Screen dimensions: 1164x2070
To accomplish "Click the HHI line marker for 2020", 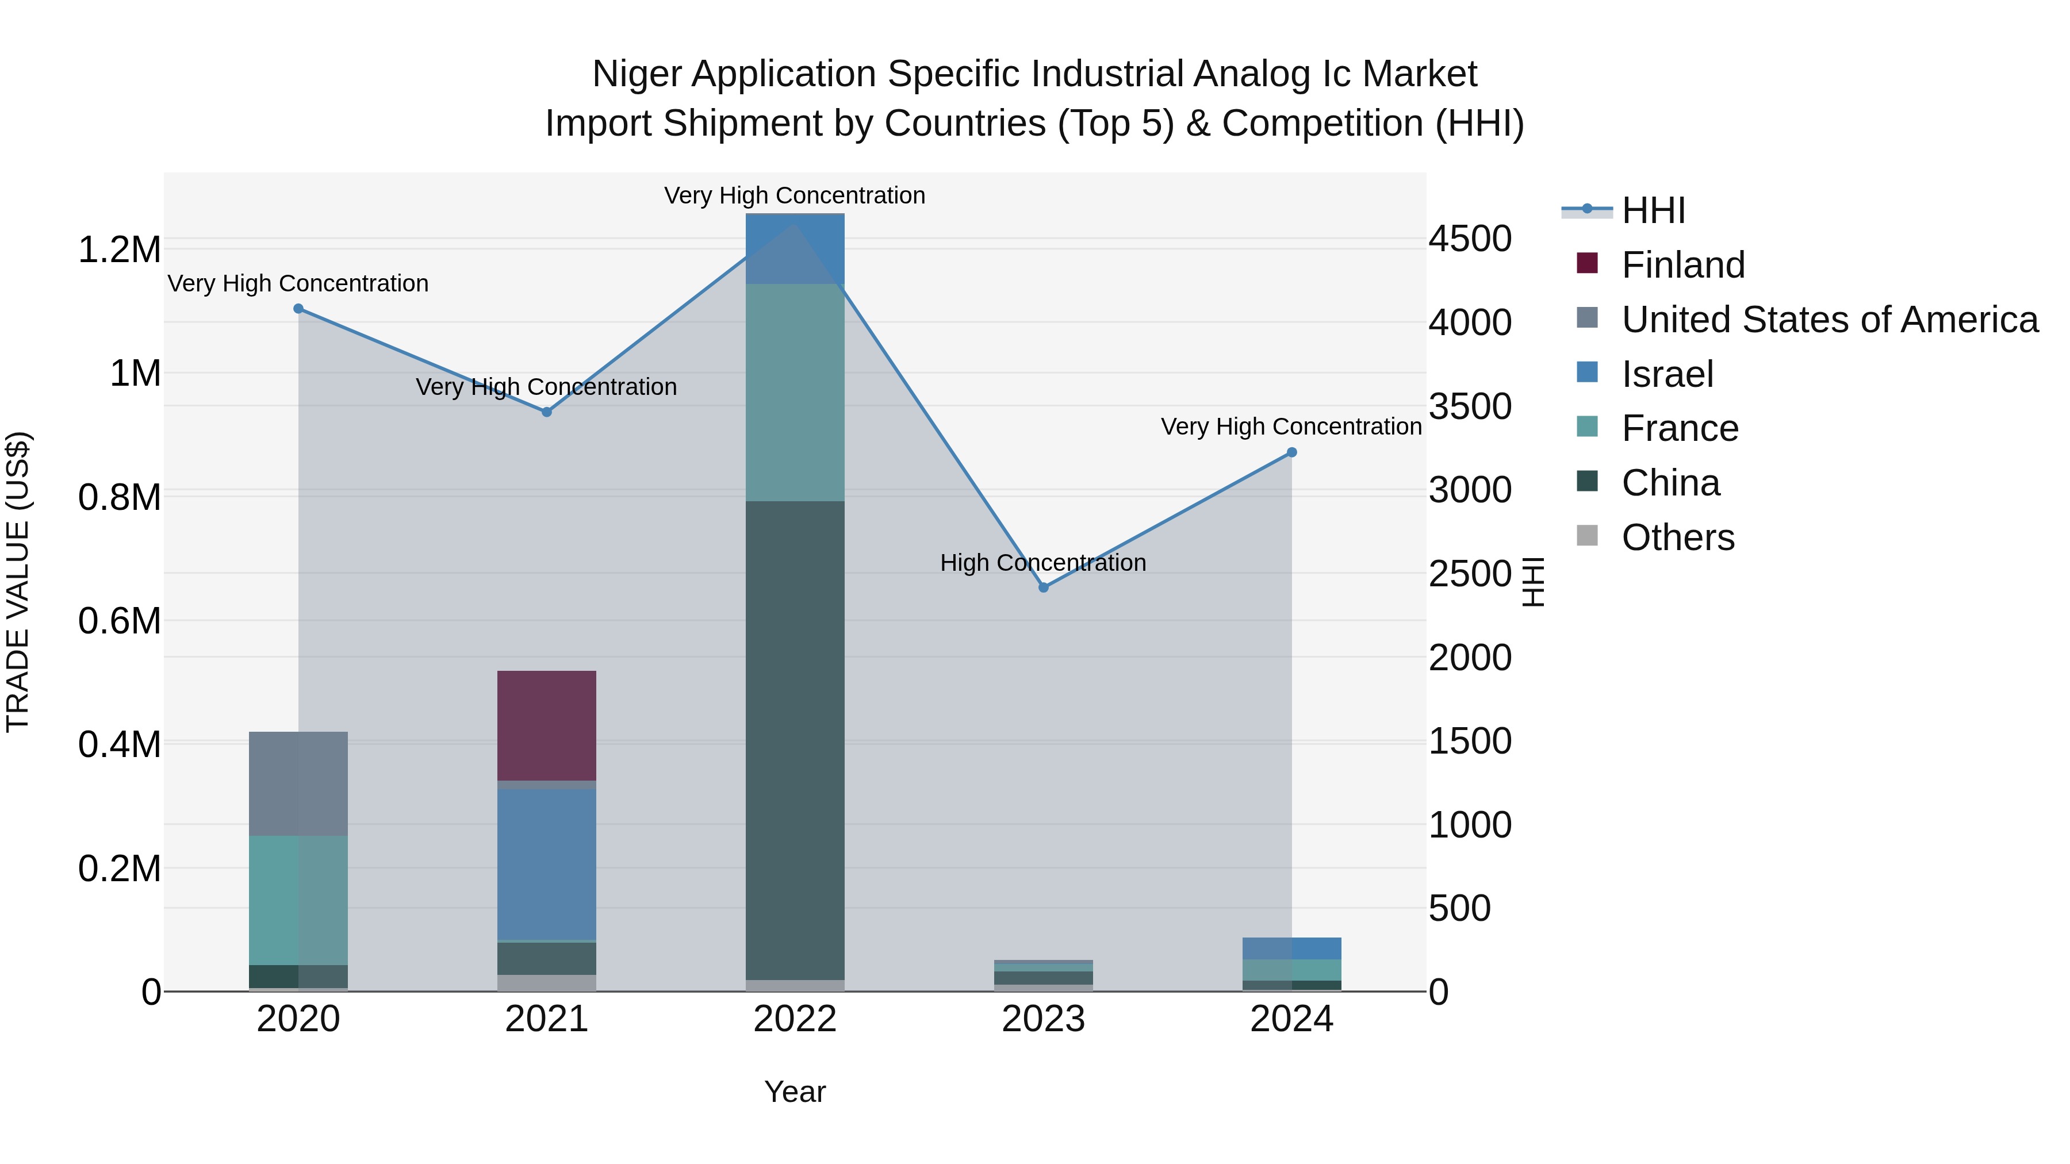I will coord(298,309).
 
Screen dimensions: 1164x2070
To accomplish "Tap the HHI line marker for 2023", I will coord(1043,587).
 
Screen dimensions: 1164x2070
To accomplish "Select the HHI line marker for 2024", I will coord(1291,452).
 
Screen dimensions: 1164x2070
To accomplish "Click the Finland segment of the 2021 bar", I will coord(546,725).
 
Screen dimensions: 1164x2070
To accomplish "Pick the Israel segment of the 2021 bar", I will coord(546,863).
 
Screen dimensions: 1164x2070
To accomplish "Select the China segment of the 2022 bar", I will coord(795,739).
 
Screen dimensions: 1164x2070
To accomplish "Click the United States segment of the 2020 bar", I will coord(298,783).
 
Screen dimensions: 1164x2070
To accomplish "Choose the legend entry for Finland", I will coord(1682,265).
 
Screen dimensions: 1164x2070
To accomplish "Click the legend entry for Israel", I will coord(1666,374).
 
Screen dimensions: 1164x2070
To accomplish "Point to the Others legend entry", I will coord(1677,537).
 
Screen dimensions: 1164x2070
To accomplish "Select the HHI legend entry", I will coord(1652,210).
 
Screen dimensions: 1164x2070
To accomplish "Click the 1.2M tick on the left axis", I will coord(119,250).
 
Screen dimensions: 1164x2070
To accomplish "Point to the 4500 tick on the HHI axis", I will coord(1470,239).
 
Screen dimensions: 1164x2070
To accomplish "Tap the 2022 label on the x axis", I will coord(795,1019).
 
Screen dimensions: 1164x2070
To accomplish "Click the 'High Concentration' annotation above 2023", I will coord(1043,562).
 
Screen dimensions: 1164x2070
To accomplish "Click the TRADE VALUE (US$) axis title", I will coord(18,582).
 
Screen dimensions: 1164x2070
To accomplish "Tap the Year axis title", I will coord(795,1092).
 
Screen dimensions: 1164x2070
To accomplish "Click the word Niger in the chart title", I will coord(637,74).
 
